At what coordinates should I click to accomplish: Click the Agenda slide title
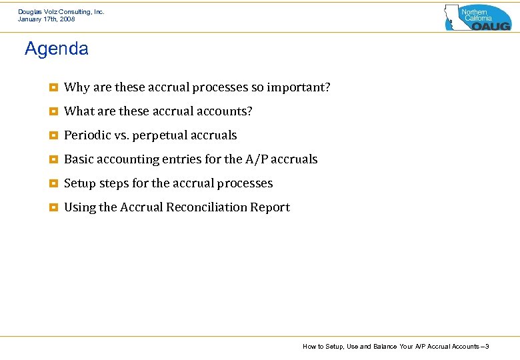56,49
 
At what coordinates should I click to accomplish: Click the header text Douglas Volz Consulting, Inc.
61,12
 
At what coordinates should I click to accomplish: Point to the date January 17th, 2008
47,19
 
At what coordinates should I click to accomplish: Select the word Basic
79,159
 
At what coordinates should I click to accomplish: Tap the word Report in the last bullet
270,207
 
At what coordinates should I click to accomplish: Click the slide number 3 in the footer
487,347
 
